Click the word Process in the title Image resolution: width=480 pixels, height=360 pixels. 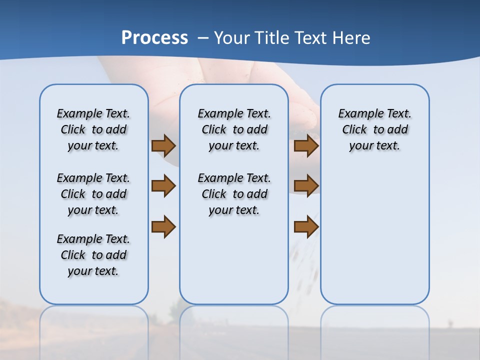(154, 38)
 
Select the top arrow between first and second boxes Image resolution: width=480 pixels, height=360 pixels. (163, 145)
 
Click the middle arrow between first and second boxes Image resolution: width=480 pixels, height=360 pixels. (163, 186)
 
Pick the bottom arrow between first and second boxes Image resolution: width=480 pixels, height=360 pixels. (163, 226)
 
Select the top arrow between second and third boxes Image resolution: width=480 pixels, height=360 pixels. (306, 145)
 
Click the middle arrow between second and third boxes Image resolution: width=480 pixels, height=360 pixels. (306, 186)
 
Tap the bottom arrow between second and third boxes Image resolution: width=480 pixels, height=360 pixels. (306, 226)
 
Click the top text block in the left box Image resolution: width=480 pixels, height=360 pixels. (93, 129)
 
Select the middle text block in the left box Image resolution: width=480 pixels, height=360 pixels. (93, 194)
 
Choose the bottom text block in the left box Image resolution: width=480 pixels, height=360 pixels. (93, 255)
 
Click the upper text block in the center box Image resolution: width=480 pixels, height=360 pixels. (234, 129)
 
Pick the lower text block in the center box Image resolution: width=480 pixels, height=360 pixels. (234, 194)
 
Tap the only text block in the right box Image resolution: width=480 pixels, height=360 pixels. (374, 129)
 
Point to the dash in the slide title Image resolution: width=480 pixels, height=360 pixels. (203, 38)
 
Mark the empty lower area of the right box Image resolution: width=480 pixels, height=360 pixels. (374, 235)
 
